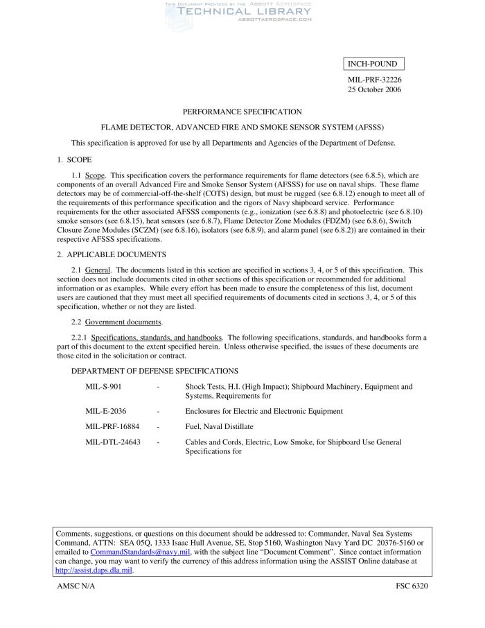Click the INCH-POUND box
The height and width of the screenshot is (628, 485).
[373, 64]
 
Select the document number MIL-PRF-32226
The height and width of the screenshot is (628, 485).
[374, 80]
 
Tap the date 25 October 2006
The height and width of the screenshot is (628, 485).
[374, 90]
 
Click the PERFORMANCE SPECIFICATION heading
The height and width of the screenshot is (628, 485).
[242, 112]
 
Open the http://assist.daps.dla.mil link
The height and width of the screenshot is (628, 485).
[94, 570]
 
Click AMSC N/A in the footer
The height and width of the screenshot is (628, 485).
[76, 586]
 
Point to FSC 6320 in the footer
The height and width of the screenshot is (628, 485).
[412, 586]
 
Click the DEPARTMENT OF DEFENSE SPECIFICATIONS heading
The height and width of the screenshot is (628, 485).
[155, 372]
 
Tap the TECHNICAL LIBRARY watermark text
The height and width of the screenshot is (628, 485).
[245, 11]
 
